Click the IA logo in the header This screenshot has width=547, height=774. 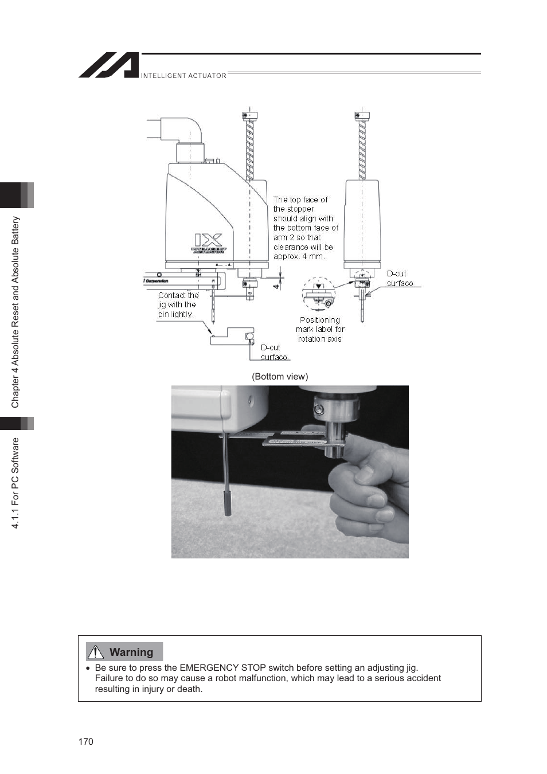coord(109,65)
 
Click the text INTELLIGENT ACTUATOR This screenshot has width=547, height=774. coord(183,76)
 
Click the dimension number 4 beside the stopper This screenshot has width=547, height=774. coord(276,284)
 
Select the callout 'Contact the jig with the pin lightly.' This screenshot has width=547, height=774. coord(178,305)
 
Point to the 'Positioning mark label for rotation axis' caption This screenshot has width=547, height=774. coord(320,330)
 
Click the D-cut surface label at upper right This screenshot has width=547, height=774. coord(399,279)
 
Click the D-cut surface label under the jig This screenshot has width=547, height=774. coord(273,353)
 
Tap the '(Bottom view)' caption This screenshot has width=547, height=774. coord(280,377)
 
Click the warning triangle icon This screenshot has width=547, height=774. coord(95,652)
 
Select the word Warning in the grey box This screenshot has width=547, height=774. coord(131,652)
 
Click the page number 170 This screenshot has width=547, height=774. coord(85,741)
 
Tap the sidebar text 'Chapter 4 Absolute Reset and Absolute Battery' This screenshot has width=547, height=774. coord(15,312)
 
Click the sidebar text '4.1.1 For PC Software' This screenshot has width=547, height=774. coord(15,483)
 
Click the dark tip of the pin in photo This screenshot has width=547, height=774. coord(228,505)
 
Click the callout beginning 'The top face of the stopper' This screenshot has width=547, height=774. coord(305,228)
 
